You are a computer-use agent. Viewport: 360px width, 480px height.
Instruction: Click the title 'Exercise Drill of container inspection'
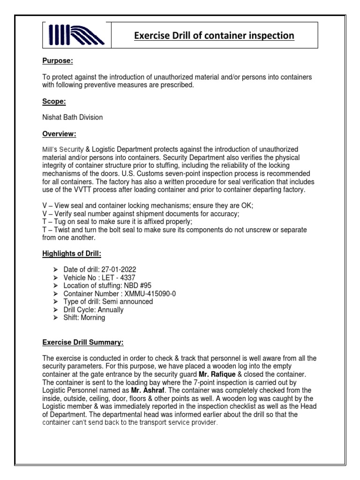pos(214,36)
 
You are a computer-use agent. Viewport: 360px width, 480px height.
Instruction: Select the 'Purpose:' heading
pos(58,61)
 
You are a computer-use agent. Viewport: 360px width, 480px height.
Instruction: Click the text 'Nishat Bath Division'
pos(73,118)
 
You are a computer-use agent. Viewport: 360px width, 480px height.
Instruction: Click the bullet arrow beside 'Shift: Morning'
pos(56,318)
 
